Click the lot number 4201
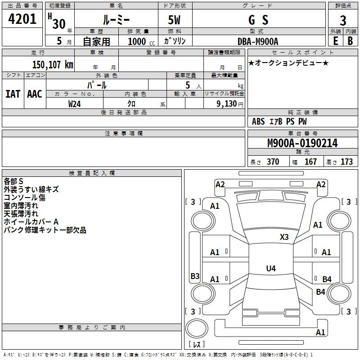(22, 19)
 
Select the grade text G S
(258, 20)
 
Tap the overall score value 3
(343, 21)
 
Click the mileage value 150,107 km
(53, 65)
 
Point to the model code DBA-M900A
(258, 41)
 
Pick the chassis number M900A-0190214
(302, 143)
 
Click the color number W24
(74, 104)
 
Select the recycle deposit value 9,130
(227, 104)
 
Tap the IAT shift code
(13, 94)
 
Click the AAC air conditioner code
(35, 94)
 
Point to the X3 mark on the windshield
(284, 237)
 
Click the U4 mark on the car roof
(271, 268)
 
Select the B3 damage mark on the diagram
(195, 276)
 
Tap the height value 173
(346, 162)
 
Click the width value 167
(310, 162)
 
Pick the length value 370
(273, 162)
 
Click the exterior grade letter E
(335, 41)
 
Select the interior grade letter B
(350, 41)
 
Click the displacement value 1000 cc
(141, 41)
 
